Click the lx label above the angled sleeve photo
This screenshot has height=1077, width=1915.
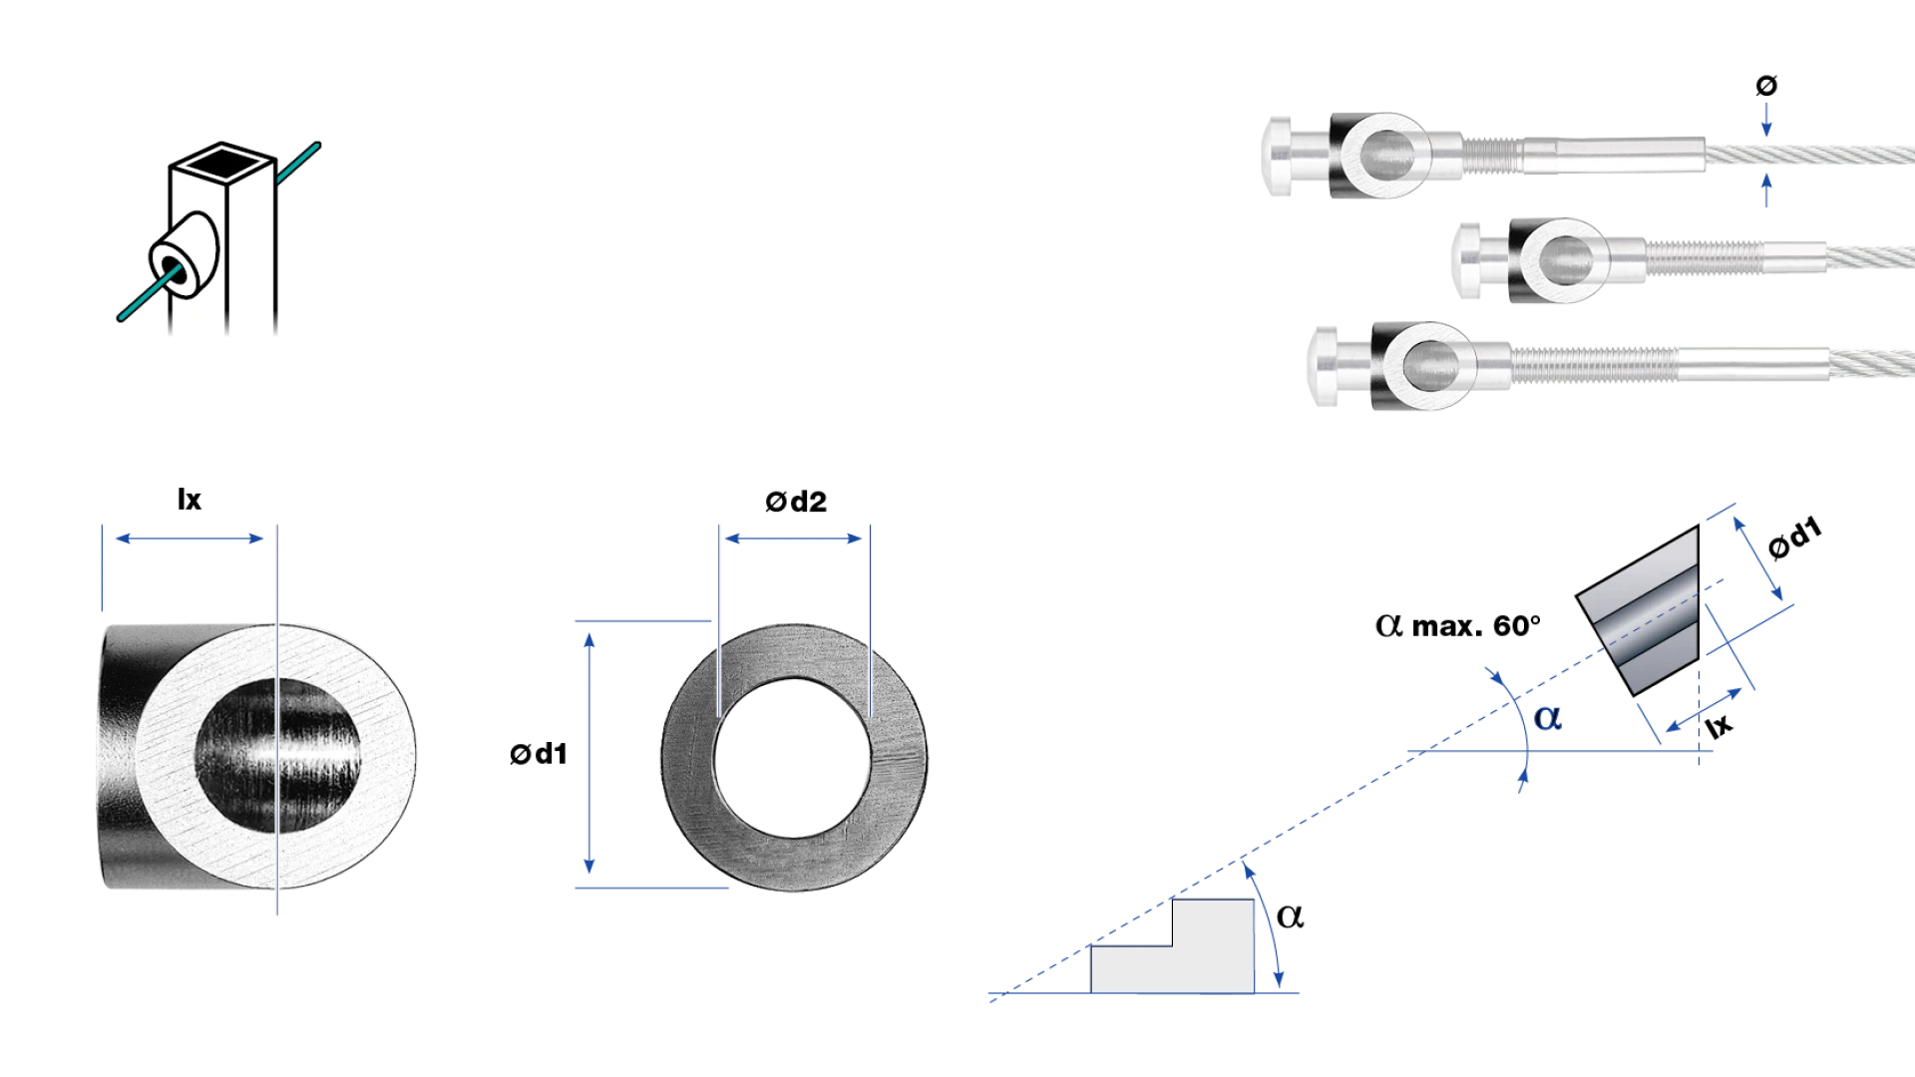tap(189, 500)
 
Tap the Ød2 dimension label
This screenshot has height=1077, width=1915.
tap(796, 502)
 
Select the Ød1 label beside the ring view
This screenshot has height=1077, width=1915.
tap(539, 754)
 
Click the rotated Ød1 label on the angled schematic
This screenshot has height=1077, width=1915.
tap(1794, 538)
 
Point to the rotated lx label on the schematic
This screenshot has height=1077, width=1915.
tap(1719, 725)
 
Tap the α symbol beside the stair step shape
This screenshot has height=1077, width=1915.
tap(1290, 916)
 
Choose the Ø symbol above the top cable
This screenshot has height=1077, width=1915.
tap(1766, 86)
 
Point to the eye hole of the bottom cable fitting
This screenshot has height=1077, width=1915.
tap(1429, 366)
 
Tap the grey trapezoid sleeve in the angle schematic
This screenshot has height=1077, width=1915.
tap(1638, 610)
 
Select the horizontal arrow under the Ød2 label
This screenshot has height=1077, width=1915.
tap(793, 538)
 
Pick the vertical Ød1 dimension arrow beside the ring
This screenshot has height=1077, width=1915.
tap(589, 754)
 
